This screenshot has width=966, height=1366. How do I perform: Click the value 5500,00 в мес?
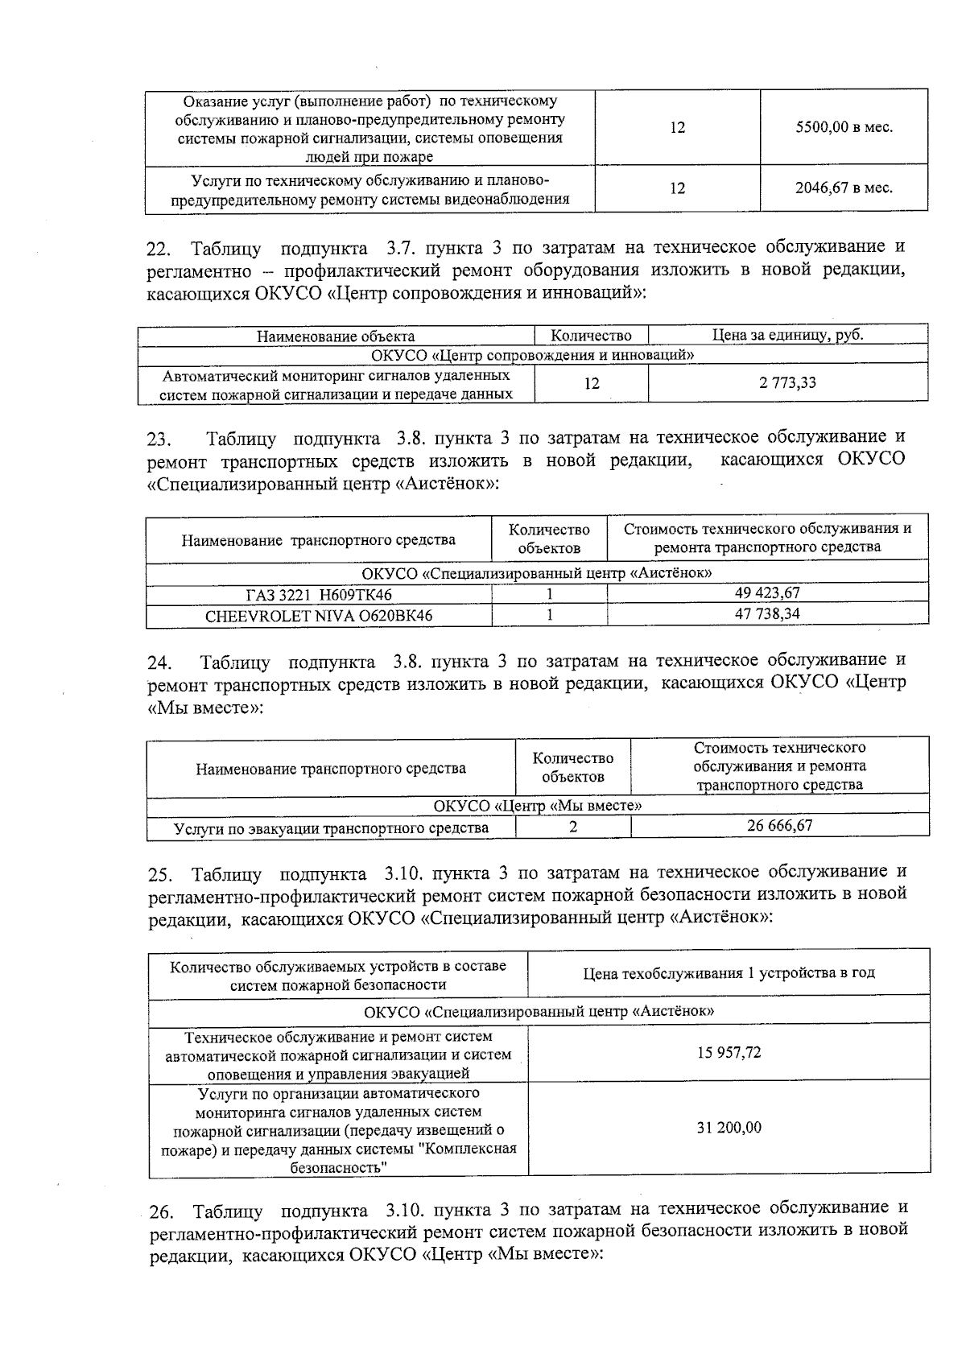[x=844, y=127]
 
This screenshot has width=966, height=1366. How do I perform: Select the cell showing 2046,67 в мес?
[x=844, y=188]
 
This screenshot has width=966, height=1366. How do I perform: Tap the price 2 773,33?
[x=787, y=382]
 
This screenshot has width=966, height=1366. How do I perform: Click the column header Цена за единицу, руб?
[x=787, y=336]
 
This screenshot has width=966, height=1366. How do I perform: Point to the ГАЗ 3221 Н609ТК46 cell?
[x=319, y=595]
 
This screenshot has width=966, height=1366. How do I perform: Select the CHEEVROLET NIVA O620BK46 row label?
[x=319, y=616]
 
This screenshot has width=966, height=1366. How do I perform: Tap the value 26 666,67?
[x=779, y=826]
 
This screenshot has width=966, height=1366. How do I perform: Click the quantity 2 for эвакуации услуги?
[x=572, y=827]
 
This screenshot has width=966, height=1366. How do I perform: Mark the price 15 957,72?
[x=729, y=1053]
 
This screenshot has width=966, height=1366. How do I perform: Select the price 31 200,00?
[x=729, y=1128]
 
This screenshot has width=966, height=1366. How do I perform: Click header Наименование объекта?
[x=336, y=336]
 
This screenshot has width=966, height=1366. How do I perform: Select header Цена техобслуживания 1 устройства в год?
[x=729, y=973]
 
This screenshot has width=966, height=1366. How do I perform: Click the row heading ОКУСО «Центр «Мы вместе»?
[x=537, y=806]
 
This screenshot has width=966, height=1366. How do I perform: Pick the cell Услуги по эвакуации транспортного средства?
[x=331, y=828]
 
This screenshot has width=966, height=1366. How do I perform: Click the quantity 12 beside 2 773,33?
[x=592, y=383]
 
